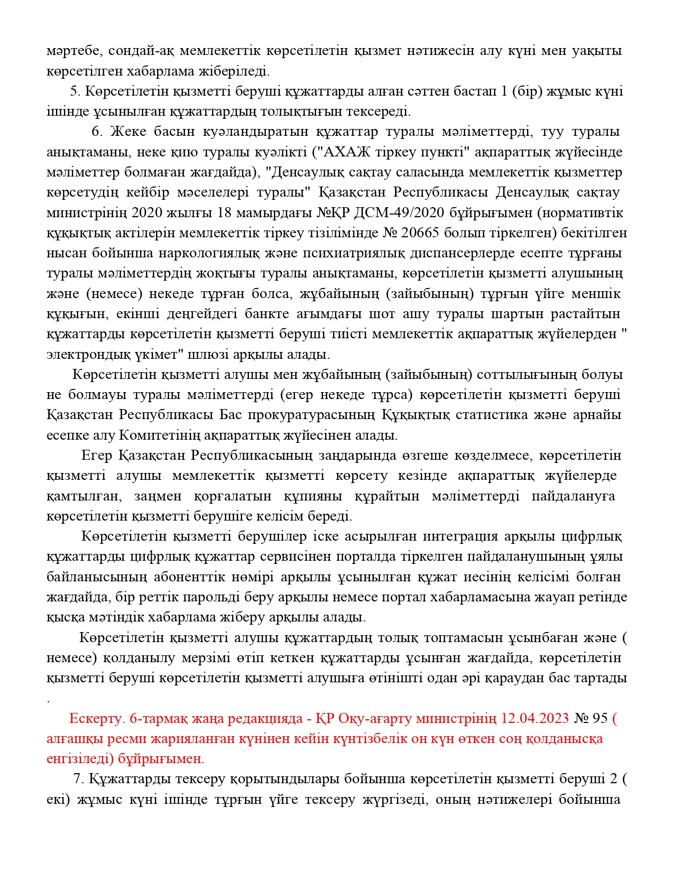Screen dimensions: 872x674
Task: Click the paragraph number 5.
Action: pyautogui.click(x=74, y=91)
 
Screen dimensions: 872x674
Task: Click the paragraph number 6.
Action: pyautogui.click(x=96, y=132)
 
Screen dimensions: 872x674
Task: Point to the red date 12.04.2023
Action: pyautogui.click(x=535, y=718)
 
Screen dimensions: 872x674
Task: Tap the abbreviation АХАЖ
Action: pyautogui.click(x=342, y=152)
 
